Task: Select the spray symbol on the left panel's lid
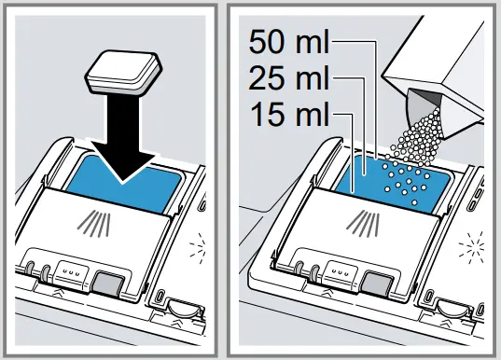pos(95,225)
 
